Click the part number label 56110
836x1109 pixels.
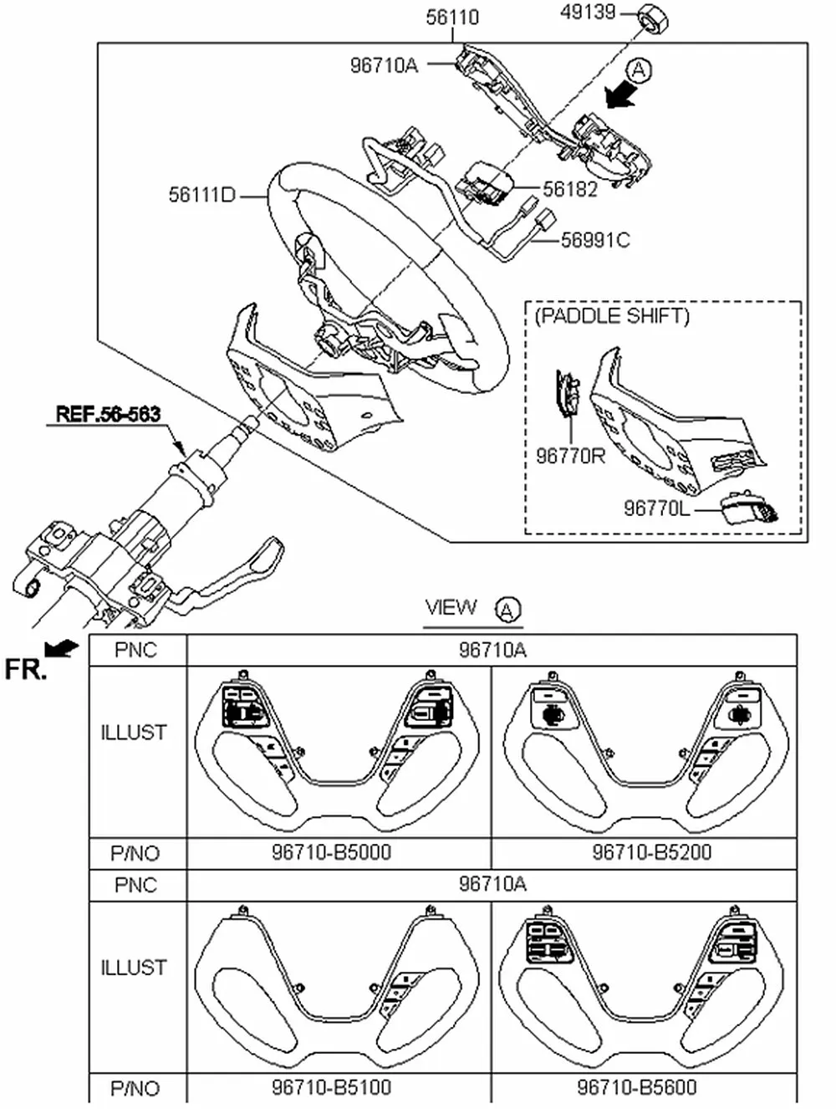(x=452, y=17)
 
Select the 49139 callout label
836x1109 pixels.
(x=588, y=13)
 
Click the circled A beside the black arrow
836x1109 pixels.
(x=638, y=70)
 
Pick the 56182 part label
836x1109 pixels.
(x=570, y=190)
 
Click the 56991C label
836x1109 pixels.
(x=594, y=241)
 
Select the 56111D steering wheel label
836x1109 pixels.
(x=202, y=196)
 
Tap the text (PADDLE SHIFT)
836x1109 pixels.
(x=612, y=316)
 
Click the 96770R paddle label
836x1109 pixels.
(x=571, y=456)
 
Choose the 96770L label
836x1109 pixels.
(x=657, y=509)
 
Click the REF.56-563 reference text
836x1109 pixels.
(x=108, y=413)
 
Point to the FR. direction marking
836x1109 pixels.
(x=25, y=669)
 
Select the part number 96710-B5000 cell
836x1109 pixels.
(x=331, y=852)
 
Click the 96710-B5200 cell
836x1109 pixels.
(x=652, y=852)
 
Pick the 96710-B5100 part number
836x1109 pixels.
(x=331, y=1087)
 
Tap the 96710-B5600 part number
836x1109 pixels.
(x=637, y=1087)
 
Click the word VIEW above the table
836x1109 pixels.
(x=451, y=607)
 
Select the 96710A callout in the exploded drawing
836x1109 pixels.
(x=384, y=64)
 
